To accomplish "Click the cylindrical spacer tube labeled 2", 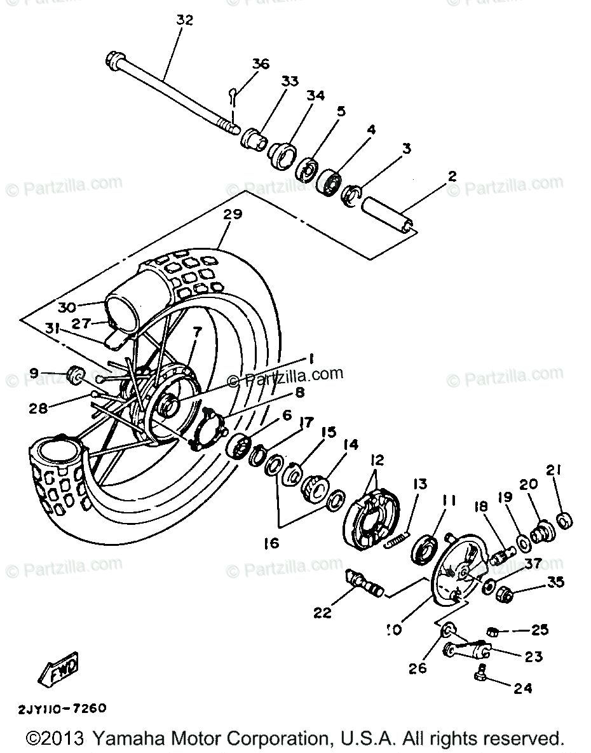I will (x=389, y=214).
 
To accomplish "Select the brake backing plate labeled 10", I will (x=456, y=573).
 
